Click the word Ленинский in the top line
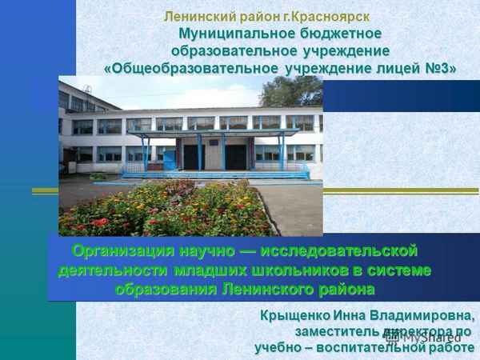pyautogui.click(x=197, y=15)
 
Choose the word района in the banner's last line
pyautogui.click(x=345, y=287)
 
